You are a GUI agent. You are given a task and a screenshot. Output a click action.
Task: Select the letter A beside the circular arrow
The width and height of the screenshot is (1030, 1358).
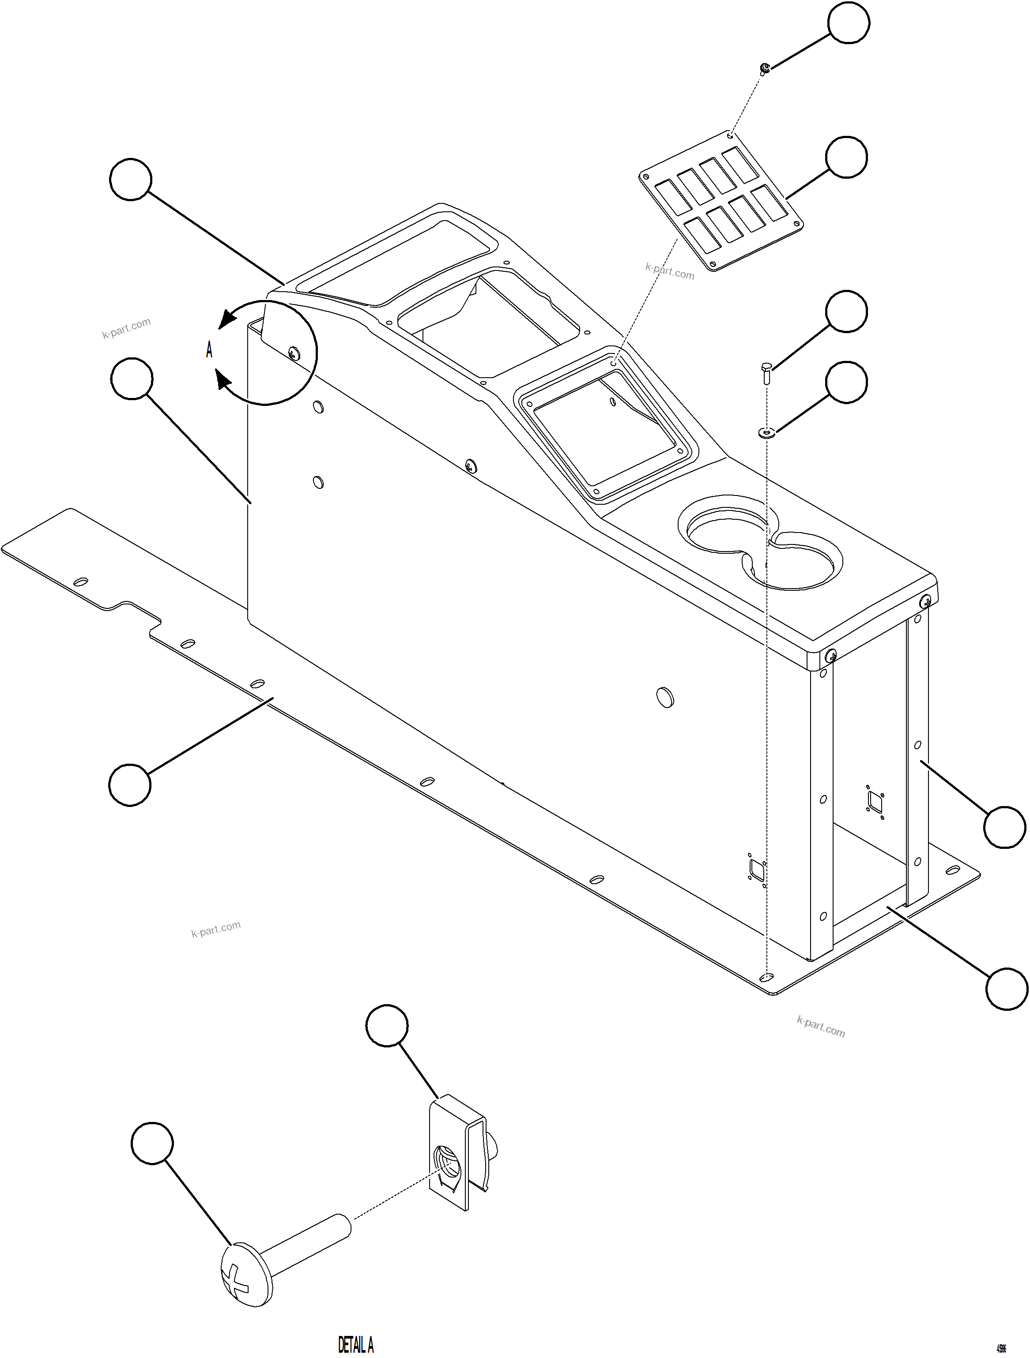tap(209, 351)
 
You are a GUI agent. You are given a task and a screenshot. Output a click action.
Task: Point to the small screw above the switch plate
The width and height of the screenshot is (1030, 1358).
tap(765, 68)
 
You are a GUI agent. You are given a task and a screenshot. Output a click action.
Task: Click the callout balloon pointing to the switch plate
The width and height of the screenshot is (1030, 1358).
tap(846, 157)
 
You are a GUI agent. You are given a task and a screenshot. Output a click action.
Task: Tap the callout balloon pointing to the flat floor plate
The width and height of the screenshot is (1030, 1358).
tap(130, 784)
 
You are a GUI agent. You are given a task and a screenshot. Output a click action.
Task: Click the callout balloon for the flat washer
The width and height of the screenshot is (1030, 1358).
tap(846, 382)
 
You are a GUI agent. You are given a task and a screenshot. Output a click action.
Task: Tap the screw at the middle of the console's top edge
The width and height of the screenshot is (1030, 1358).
tap(471, 465)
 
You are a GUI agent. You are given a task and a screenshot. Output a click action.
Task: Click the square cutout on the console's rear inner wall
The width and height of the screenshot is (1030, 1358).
tap(875, 800)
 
